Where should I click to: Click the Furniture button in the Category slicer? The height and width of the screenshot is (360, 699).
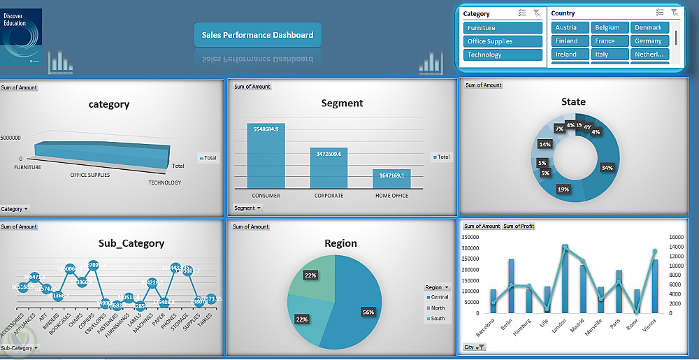tap(503, 28)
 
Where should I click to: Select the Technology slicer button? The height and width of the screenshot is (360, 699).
tap(503, 55)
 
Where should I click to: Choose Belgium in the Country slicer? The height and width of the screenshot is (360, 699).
tap(610, 28)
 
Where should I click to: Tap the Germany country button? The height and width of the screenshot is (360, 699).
tap(650, 41)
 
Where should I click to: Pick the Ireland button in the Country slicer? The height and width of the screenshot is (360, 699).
tap(569, 55)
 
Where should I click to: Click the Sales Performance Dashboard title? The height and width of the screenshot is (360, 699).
tap(257, 35)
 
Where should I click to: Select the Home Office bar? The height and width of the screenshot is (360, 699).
tap(392, 179)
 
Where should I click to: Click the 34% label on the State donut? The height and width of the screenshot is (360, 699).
tap(607, 168)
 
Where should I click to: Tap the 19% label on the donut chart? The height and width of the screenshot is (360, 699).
tap(563, 189)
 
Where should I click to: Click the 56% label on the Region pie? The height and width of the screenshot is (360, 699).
tap(366, 311)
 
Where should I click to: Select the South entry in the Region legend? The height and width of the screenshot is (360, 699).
tap(438, 319)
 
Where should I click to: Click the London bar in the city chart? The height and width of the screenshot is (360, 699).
tap(565, 280)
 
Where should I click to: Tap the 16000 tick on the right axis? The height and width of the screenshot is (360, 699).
tap(679, 238)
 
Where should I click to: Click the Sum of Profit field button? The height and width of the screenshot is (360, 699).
tap(519, 226)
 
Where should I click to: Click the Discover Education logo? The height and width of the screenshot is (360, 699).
tap(21, 37)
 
